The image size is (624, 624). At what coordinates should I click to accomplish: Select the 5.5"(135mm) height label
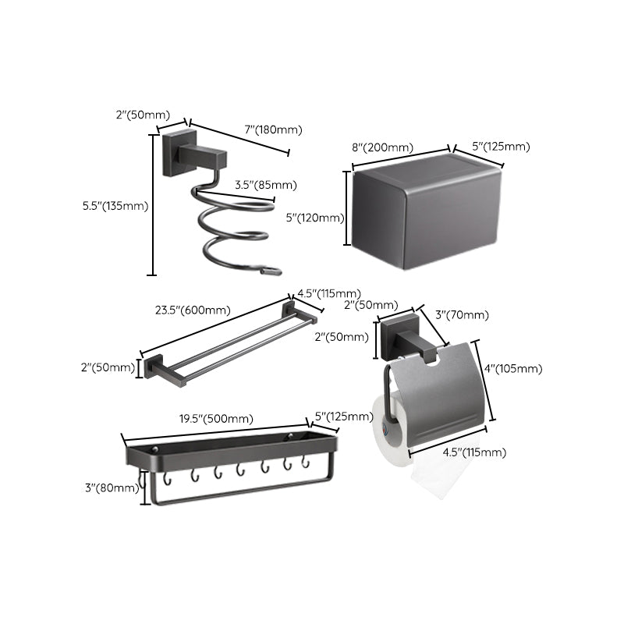pyautogui.click(x=115, y=206)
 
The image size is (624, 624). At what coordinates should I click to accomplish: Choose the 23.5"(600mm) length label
pyautogui.click(x=192, y=310)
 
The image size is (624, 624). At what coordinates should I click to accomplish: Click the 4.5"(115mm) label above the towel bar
pyautogui.click(x=328, y=293)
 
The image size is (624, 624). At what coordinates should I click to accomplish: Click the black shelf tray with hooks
pyautogui.click(x=226, y=452)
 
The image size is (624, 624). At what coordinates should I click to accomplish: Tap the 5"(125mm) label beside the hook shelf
pyautogui.click(x=345, y=417)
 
